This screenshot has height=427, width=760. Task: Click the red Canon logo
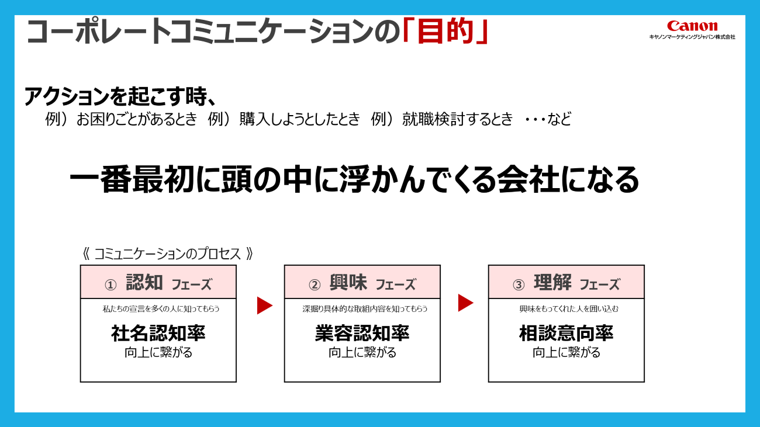pos(692,26)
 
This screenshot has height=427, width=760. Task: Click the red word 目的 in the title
pos(445,32)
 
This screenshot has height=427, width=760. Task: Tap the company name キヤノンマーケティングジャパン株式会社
pos(692,37)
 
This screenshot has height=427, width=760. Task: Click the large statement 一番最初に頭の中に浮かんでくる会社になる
pos(354,179)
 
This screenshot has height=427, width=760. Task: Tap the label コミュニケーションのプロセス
pos(167,254)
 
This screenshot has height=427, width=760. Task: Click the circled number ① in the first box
pos(110,284)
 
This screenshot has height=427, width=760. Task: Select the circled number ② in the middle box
pos(315,284)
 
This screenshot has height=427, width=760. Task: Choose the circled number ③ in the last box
pos(519,284)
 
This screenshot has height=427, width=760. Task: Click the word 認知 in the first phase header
pos(144,283)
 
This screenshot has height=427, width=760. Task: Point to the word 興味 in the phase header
pos(348,283)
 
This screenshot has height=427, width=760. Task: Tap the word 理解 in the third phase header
pos(552,283)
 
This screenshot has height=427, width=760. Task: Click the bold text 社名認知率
pos(158,333)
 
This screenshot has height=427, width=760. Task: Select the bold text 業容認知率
pos(362,333)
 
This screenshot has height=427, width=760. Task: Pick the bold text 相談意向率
pos(566,333)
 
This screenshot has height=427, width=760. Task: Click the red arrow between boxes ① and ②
pos(264,305)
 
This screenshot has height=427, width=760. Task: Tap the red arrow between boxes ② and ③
pos(465,303)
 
